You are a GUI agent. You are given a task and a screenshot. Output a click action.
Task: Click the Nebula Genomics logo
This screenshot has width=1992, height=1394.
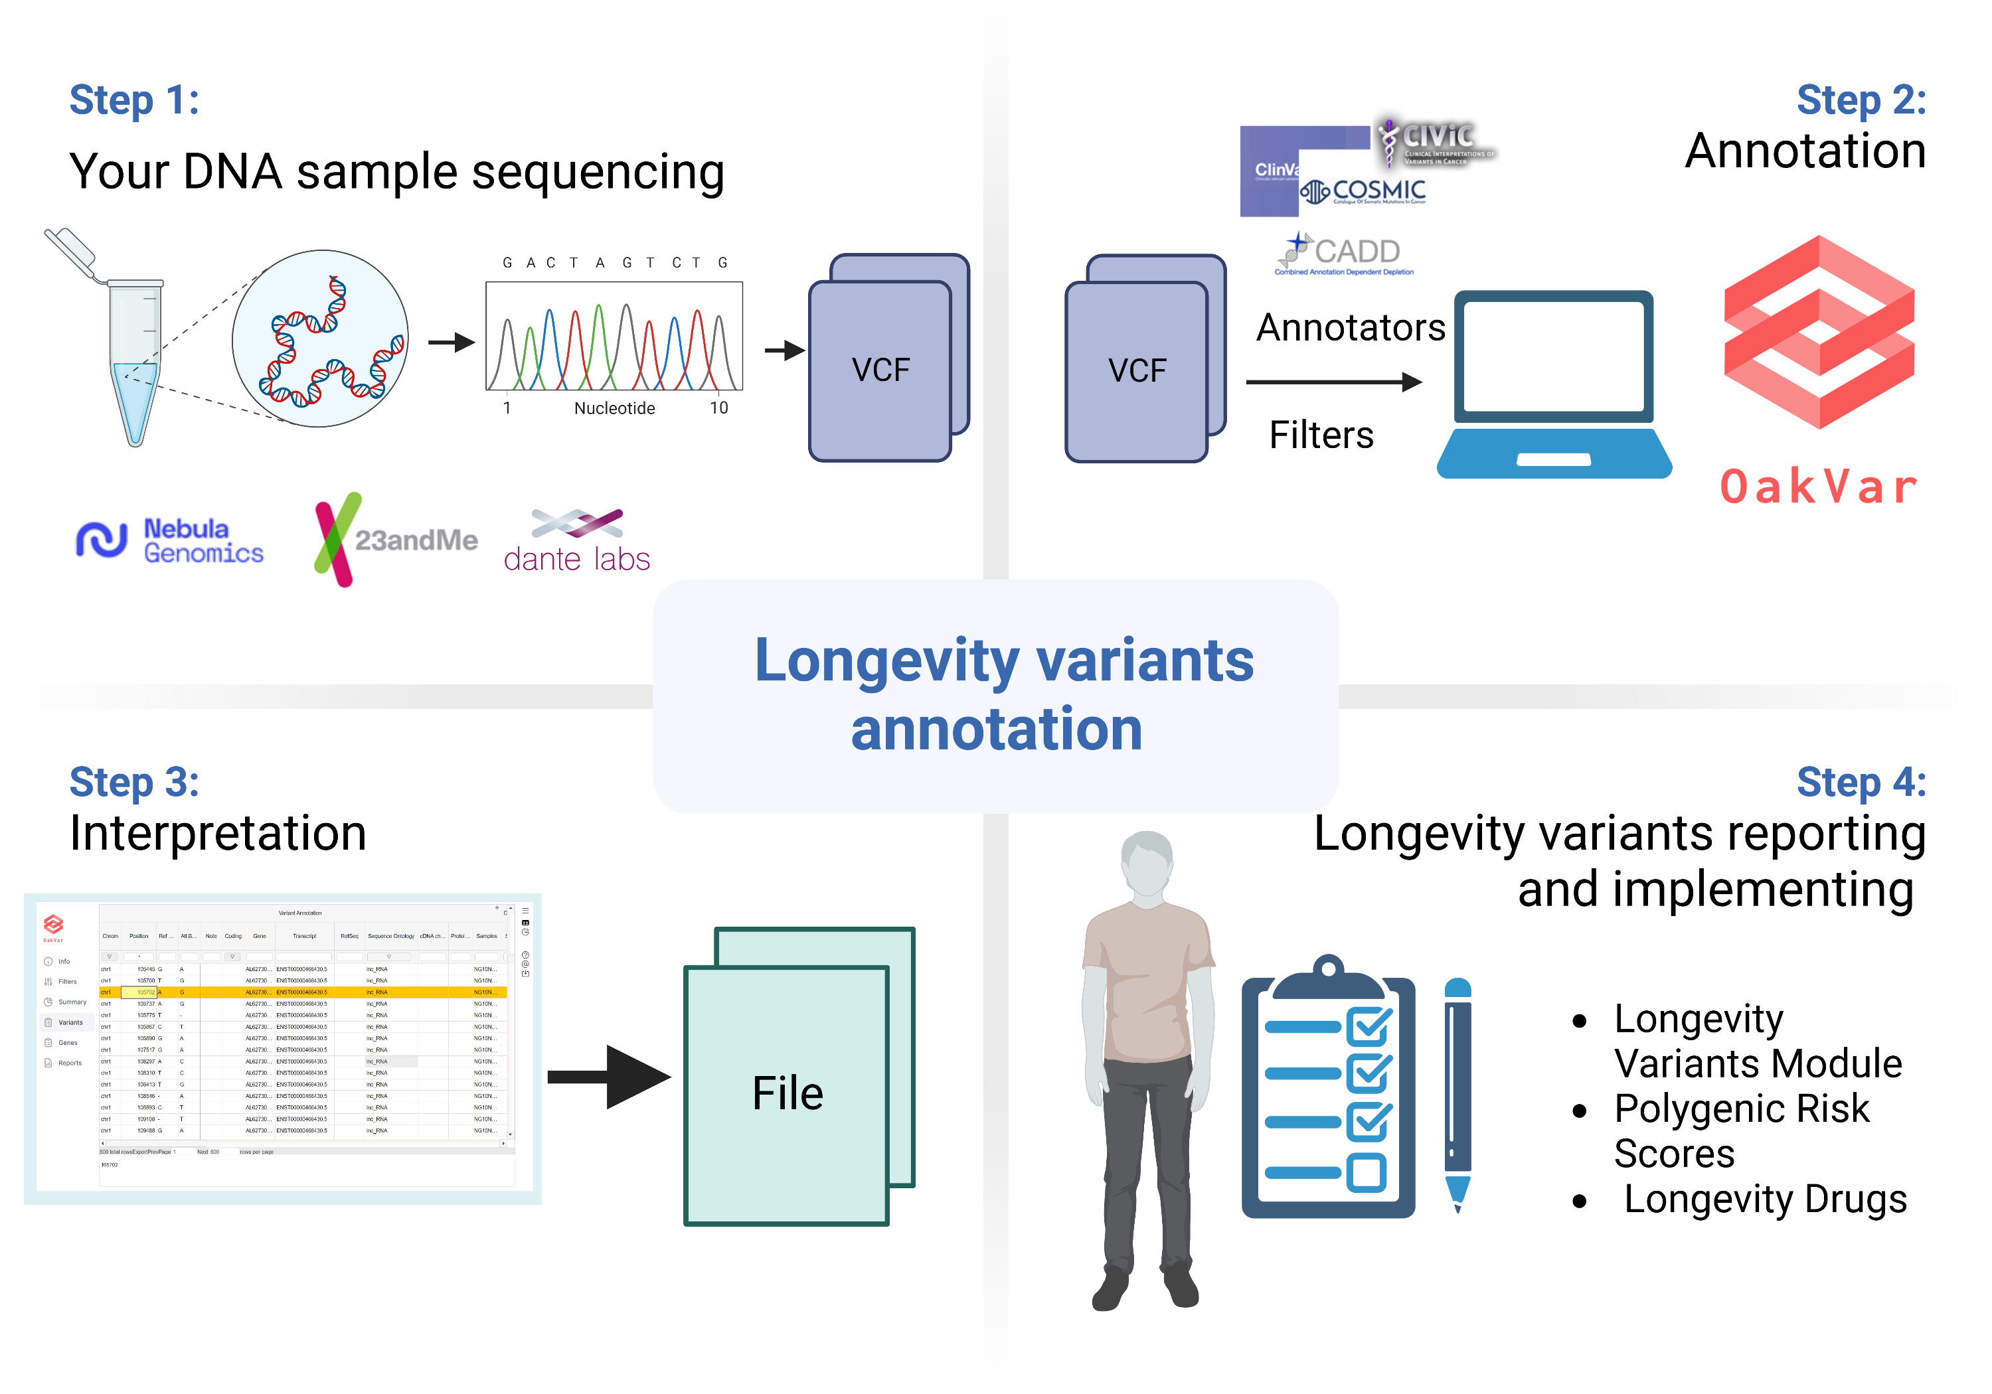click(x=170, y=540)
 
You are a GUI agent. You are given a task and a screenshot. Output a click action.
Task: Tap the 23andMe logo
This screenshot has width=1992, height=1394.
click(x=396, y=540)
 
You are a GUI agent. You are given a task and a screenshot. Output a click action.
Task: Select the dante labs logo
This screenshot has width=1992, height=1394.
click(x=577, y=542)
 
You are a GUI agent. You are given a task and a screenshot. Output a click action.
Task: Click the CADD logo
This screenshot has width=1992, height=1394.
click(x=1344, y=254)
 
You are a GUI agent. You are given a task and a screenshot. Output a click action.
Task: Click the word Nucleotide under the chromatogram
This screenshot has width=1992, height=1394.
click(x=614, y=408)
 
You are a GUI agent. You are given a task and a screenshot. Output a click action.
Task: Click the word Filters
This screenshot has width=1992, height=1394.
click(x=1321, y=435)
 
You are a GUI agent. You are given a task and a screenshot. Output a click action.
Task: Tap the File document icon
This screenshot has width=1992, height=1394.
click(x=788, y=1093)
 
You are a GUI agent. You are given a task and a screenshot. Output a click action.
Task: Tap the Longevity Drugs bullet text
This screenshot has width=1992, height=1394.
click(x=1765, y=1200)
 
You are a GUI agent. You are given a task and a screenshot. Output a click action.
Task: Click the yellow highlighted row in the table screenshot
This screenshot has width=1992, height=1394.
click(x=303, y=992)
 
